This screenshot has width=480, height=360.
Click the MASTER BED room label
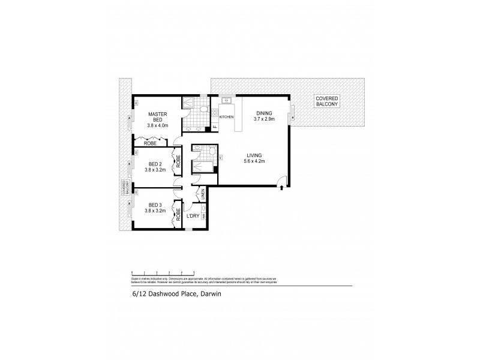158,117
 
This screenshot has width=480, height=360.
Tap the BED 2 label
155,163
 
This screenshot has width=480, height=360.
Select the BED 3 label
155,205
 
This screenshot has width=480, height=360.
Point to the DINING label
264,113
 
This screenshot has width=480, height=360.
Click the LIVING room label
255,154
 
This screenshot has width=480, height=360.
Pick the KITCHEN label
226,117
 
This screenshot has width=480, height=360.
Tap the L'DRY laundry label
193,216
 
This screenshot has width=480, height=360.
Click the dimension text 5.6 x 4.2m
255,161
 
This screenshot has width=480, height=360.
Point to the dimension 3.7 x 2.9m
264,119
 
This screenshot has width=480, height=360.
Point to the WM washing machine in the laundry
205,215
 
